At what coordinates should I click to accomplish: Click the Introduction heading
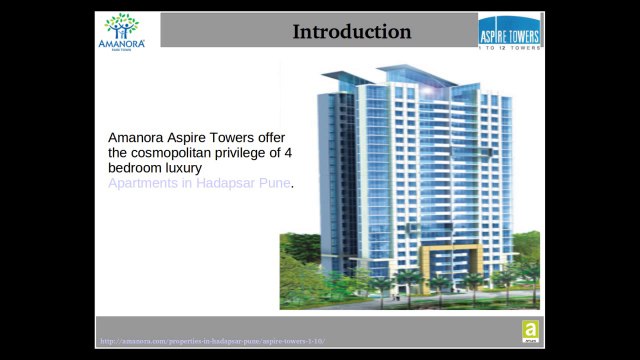tap(351, 32)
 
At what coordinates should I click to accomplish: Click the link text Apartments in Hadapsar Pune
tap(199, 184)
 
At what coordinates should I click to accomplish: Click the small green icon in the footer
tap(530, 331)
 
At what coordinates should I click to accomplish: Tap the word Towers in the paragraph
tap(232, 136)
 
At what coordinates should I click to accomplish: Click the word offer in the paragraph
tap(272, 136)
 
